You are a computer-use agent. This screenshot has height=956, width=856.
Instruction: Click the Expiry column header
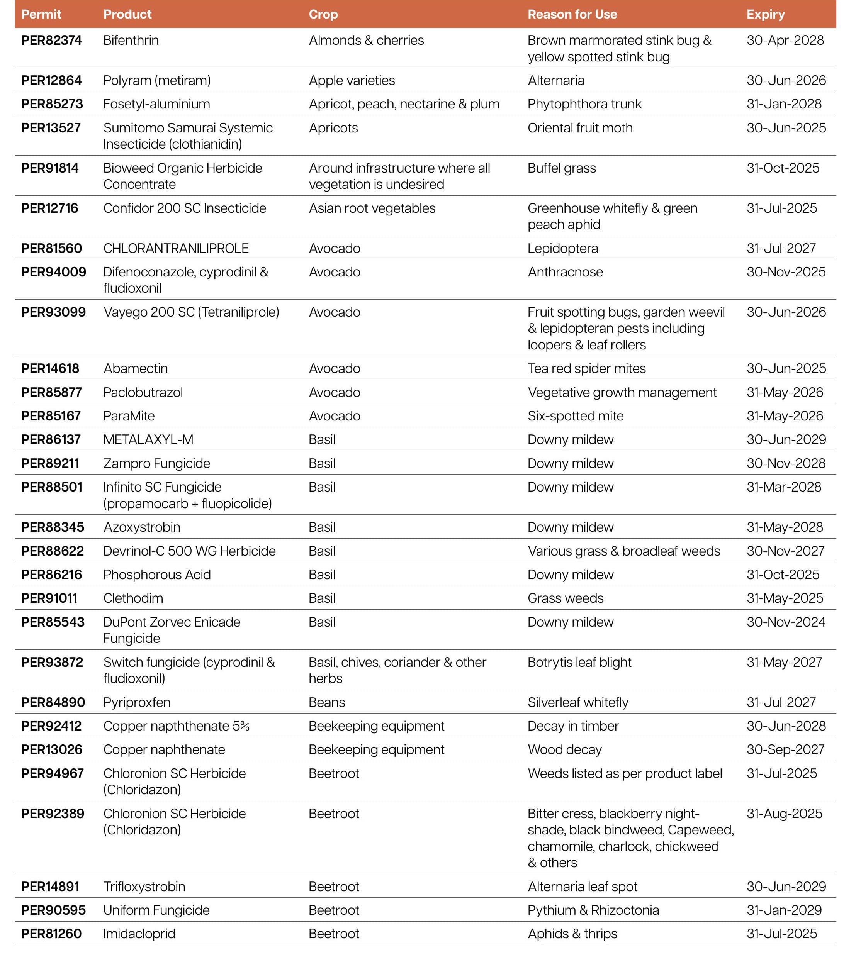click(x=765, y=15)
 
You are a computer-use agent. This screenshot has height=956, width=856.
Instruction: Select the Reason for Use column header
click(x=572, y=15)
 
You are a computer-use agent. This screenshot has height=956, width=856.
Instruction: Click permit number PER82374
click(x=51, y=41)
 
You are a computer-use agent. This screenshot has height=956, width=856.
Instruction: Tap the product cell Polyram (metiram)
click(x=156, y=80)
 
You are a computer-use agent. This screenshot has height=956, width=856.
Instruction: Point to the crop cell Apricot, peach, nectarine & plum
click(x=404, y=104)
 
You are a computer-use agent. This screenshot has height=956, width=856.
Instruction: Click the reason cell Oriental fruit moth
click(x=579, y=128)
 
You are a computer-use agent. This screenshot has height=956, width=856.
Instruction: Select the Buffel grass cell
click(x=561, y=168)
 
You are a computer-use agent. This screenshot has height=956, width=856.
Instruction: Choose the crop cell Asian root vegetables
click(x=372, y=208)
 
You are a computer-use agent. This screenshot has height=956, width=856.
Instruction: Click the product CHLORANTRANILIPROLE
click(x=176, y=248)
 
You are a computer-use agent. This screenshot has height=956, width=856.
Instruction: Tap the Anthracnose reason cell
click(x=565, y=272)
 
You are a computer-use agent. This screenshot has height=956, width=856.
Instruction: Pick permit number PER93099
click(x=53, y=312)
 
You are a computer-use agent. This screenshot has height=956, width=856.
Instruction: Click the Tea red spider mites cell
click(x=586, y=368)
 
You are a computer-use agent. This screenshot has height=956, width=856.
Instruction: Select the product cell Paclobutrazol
click(x=143, y=392)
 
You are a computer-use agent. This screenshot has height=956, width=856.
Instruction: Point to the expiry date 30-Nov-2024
click(x=785, y=622)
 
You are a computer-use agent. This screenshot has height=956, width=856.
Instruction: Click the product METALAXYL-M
click(x=148, y=439)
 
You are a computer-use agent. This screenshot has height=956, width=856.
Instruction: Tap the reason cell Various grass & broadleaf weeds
click(x=623, y=551)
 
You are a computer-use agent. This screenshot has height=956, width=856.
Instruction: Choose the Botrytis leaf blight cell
click(x=579, y=662)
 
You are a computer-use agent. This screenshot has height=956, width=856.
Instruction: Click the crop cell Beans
click(x=326, y=702)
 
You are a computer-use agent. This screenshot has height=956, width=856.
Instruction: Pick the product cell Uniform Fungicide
click(x=156, y=910)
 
